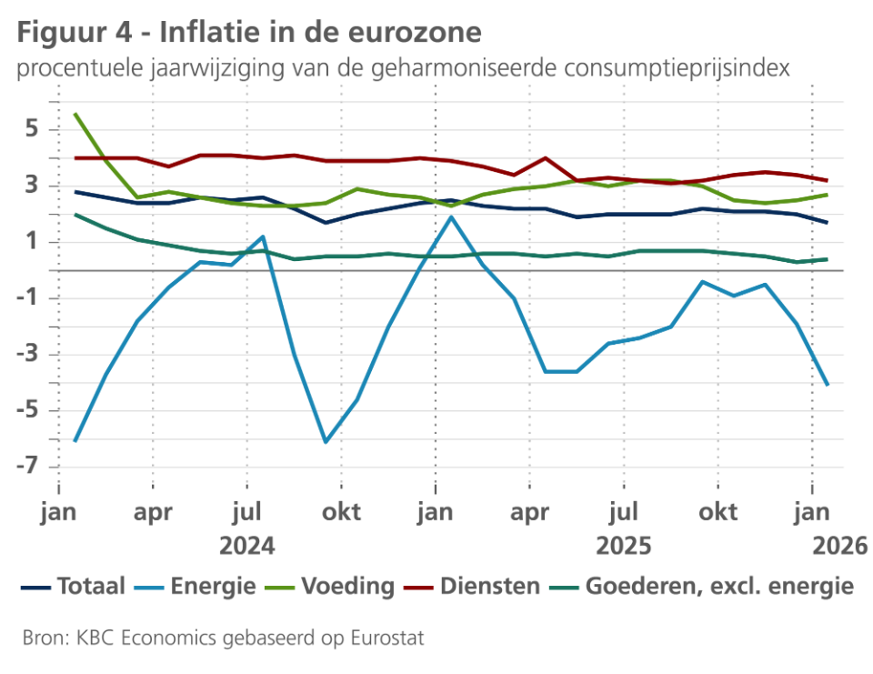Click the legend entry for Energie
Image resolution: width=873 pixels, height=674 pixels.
(x=212, y=587)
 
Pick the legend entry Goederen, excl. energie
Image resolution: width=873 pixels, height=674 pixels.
(x=718, y=587)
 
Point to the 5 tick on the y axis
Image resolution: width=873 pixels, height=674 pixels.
(x=32, y=130)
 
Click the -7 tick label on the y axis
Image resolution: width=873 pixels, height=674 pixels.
(x=27, y=468)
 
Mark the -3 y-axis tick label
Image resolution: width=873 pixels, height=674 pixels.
(x=27, y=355)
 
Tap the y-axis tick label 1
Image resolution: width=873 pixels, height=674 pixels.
(x=32, y=242)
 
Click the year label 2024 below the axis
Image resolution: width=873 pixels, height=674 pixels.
(x=246, y=546)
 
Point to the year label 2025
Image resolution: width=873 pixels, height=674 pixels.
(x=623, y=546)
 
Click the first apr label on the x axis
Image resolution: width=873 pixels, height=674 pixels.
(x=154, y=513)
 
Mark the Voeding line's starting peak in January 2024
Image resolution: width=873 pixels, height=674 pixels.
(x=75, y=115)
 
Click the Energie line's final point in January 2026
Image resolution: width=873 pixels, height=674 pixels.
(x=827, y=385)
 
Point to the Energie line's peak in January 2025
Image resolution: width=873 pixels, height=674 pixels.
(x=451, y=216)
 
